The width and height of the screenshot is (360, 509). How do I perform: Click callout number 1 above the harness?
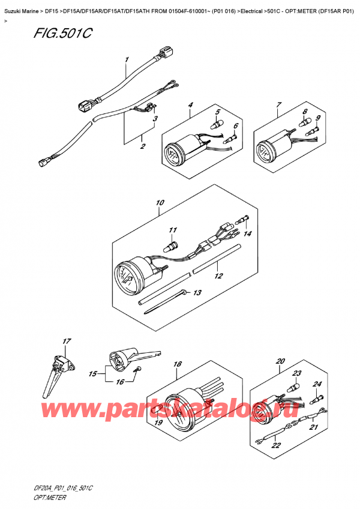(x=127, y=60)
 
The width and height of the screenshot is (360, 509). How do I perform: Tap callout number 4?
(x=190, y=106)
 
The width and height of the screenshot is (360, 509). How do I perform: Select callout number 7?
(x=278, y=106)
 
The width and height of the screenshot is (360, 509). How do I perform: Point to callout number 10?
(x=160, y=203)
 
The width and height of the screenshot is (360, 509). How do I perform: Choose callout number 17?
(x=65, y=342)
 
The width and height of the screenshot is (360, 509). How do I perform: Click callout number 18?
(x=178, y=364)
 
